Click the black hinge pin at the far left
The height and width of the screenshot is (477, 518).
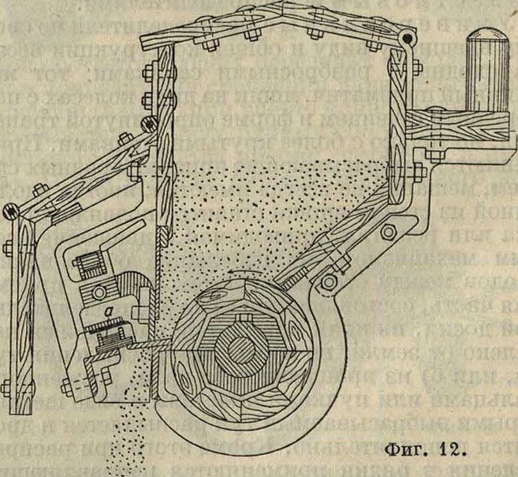(x=9, y=212)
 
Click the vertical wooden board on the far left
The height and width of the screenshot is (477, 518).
(x=21, y=306)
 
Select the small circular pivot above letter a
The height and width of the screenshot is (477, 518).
(x=99, y=291)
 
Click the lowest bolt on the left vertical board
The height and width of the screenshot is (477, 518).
(x=7, y=387)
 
